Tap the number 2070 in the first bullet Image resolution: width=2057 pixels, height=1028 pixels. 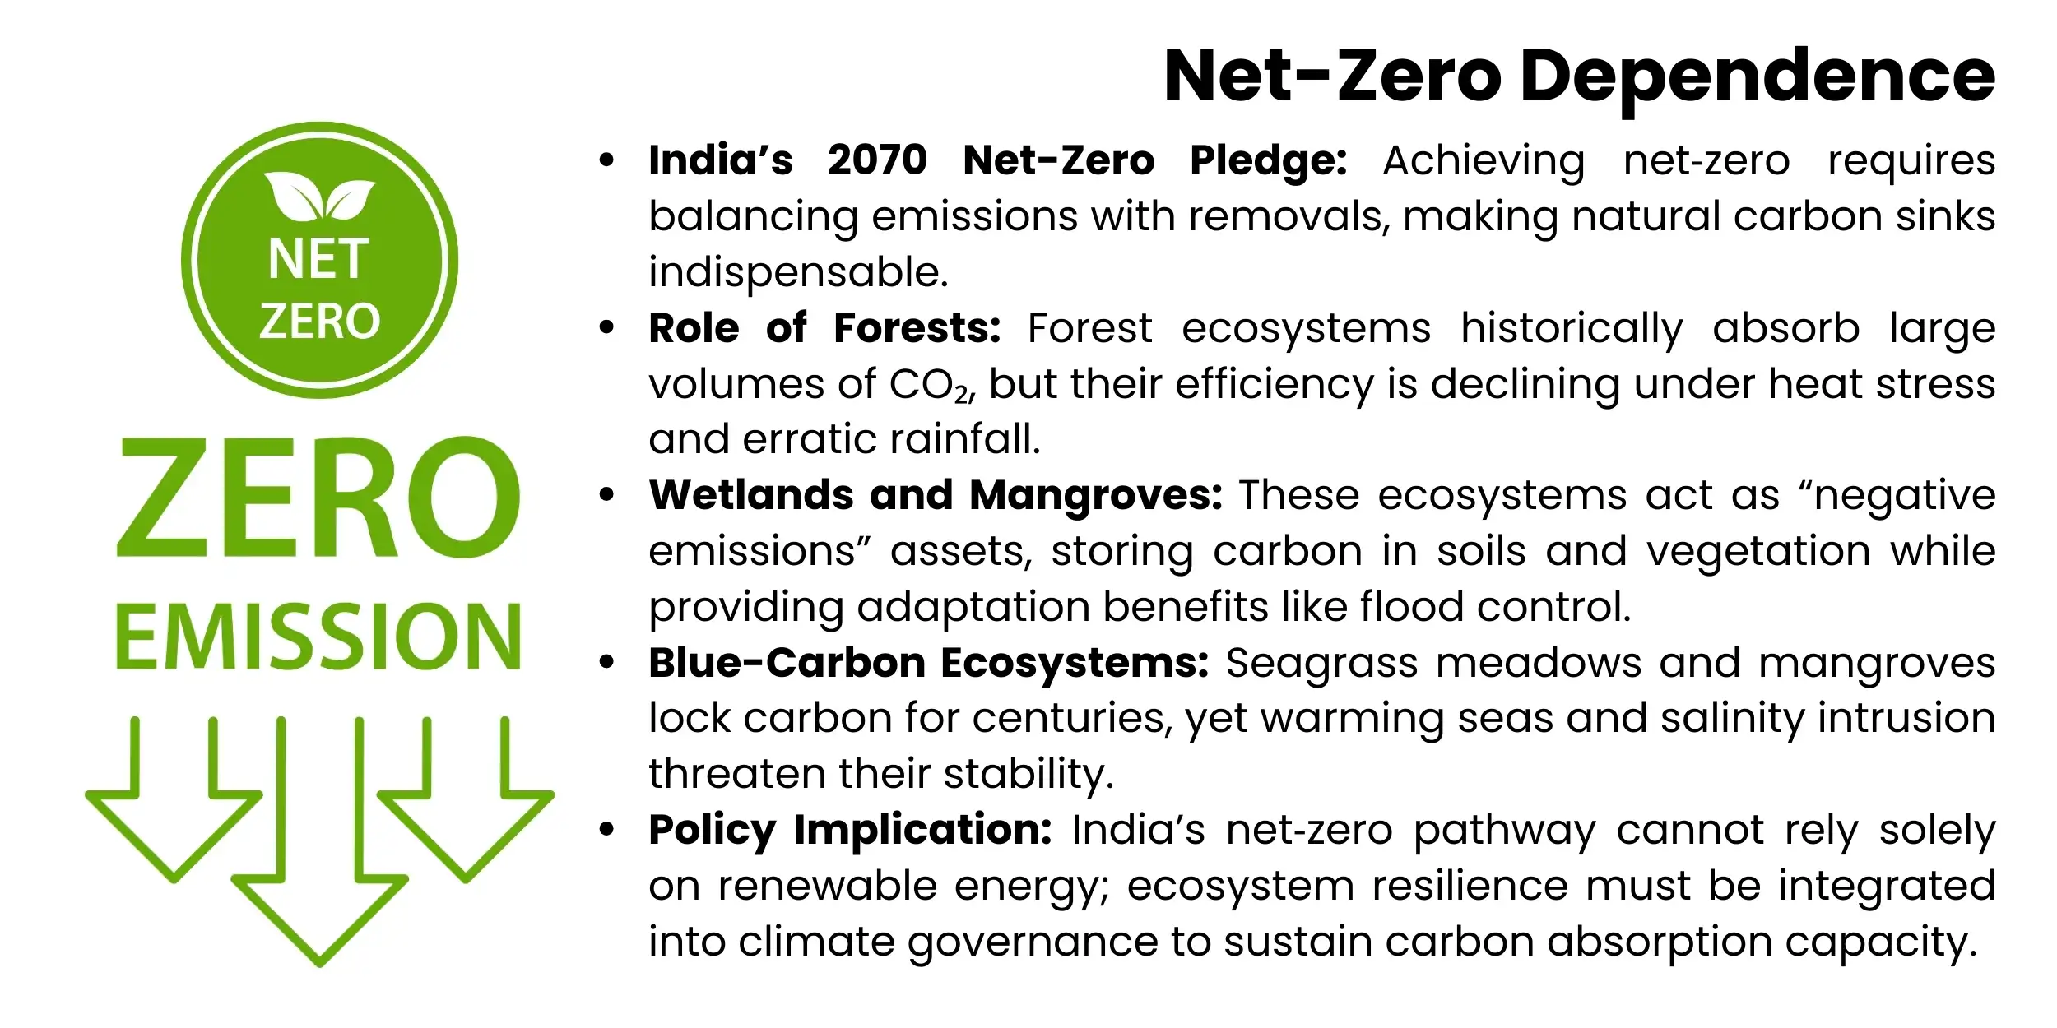877,160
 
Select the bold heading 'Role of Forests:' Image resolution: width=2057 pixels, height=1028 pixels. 824,328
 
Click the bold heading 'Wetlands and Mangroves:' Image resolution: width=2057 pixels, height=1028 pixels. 936,495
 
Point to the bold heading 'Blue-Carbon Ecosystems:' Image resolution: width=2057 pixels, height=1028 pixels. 928,663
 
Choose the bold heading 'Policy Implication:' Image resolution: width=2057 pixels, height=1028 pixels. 850,830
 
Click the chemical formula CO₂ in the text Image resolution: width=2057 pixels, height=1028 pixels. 930,385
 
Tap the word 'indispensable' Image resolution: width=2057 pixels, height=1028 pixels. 796,272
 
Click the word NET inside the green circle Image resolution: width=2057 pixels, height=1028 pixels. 318,259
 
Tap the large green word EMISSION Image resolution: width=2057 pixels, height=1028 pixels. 318,637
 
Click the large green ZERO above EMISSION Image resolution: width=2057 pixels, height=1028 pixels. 318,498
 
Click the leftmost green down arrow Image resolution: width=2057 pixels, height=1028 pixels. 174,814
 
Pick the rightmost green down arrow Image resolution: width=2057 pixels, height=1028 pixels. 466,814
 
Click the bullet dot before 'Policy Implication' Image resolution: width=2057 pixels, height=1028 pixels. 607,830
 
